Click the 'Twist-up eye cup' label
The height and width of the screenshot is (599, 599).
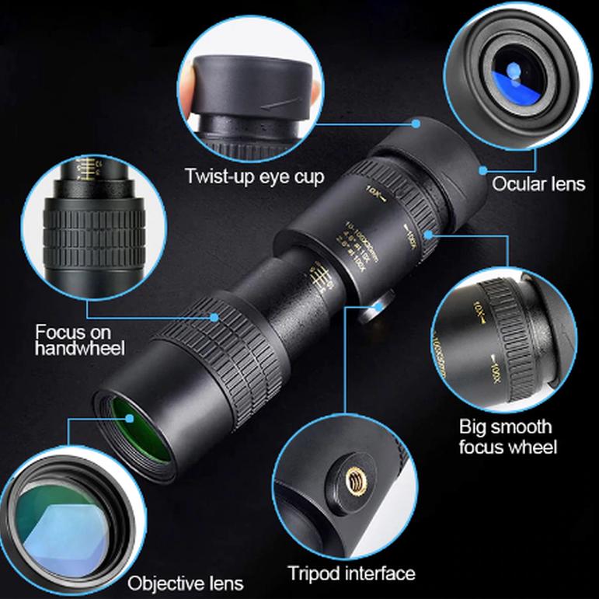tap(255, 176)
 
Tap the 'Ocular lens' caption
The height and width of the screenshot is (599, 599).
tap(538, 184)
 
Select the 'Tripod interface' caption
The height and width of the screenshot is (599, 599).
tap(351, 574)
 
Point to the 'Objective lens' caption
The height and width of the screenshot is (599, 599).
tap(186, 583)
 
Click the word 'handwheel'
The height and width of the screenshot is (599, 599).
tap(80, 349)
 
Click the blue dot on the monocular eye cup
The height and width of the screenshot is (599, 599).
tap(416, 123)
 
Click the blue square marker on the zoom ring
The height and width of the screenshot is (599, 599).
tap(428, 231)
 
